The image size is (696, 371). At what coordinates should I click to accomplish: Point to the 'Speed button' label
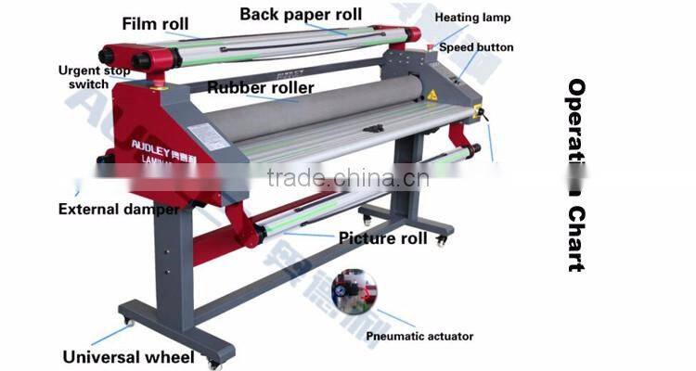tap(476, 47)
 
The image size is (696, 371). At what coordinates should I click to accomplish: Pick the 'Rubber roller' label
tap(261, 88)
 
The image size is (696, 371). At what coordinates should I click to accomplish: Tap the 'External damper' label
tap(119, 209)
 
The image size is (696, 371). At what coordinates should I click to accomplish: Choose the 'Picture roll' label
tap(382, 238)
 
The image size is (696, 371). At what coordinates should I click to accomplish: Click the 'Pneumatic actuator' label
tap(419, 336)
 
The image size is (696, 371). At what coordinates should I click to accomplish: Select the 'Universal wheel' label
tap(128, 356)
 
